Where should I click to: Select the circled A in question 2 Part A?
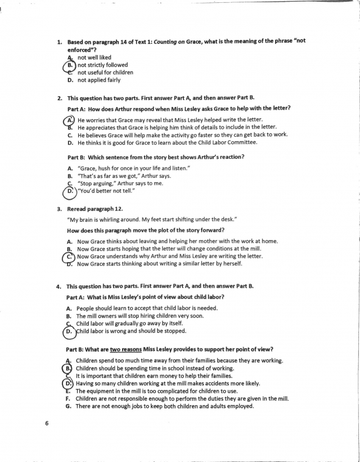pyautogui.click(x=69, y=120)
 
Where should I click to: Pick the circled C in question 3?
pyautogui.click(x=69, y=256)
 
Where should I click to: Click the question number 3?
pyautogui.click(x=60, y=209)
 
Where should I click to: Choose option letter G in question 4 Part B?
pyautogui.click(x=69, y=406)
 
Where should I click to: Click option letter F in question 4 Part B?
pyautogui.click(x=69, y=398)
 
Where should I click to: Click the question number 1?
pyautogui.click(x=60, y=42)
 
